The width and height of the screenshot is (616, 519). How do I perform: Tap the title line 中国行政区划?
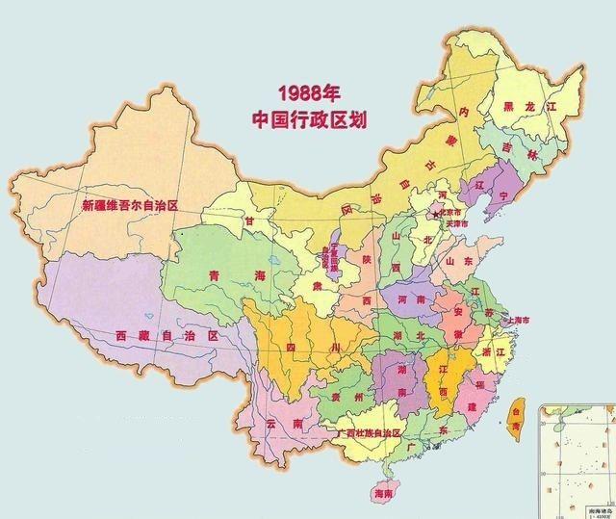311,120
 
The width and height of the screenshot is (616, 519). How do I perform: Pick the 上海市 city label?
534,319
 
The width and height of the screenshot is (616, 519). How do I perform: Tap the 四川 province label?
311,345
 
